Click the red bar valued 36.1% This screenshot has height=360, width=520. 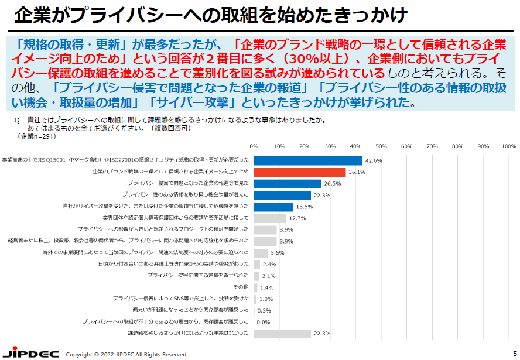(x=300, y=172)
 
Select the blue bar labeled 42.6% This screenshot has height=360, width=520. (x=308, y=160)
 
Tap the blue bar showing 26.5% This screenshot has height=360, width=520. (x=288, y=184)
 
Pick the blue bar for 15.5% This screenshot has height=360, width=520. (x=273, y=207)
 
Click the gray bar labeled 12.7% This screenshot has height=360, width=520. (x=270, y=218)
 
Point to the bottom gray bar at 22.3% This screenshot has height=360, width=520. (x=282, y=334)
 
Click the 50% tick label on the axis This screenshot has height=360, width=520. (x=381, y=146)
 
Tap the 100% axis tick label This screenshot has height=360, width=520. (x=508, y=146)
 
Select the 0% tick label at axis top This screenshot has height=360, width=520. (x=254, y=146)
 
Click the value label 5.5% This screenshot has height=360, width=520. (x=277, y=253)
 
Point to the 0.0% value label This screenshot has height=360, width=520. (x=263, y=322)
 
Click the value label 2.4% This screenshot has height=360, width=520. (x=269, y=265)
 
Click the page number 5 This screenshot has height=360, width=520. (x=515, y=353)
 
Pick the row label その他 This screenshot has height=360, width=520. (x=241, y=287)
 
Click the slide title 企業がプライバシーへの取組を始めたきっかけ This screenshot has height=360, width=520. (x=211, y=14)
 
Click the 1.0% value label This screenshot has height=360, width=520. (x=265, y=299)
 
